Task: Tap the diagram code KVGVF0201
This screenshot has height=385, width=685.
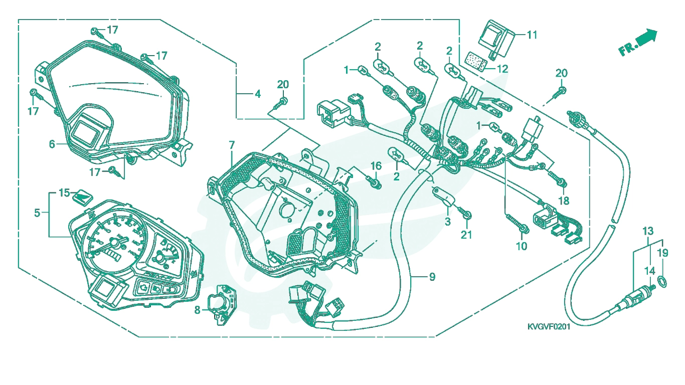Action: (549, 327)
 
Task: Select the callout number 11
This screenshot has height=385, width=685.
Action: (532, 35)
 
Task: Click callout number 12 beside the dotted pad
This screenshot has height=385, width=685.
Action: (502, 69)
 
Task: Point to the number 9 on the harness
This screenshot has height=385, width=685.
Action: (432, 277)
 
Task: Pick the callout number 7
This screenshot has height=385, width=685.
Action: (232, 145)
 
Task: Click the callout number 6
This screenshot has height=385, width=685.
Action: (52, 144)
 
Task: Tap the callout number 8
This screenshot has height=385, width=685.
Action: (197, 310)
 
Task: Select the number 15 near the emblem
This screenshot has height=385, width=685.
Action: (64, 193)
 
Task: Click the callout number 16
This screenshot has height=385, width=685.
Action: (376, 166)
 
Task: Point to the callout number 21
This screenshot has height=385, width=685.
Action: (466, 235)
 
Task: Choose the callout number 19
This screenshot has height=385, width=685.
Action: (662, 253)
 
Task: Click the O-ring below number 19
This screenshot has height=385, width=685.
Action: (662, 282)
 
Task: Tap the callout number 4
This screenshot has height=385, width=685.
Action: (258, 94)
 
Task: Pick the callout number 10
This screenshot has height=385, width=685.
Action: (522, 246)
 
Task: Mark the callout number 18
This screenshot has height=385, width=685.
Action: (564, 201)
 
